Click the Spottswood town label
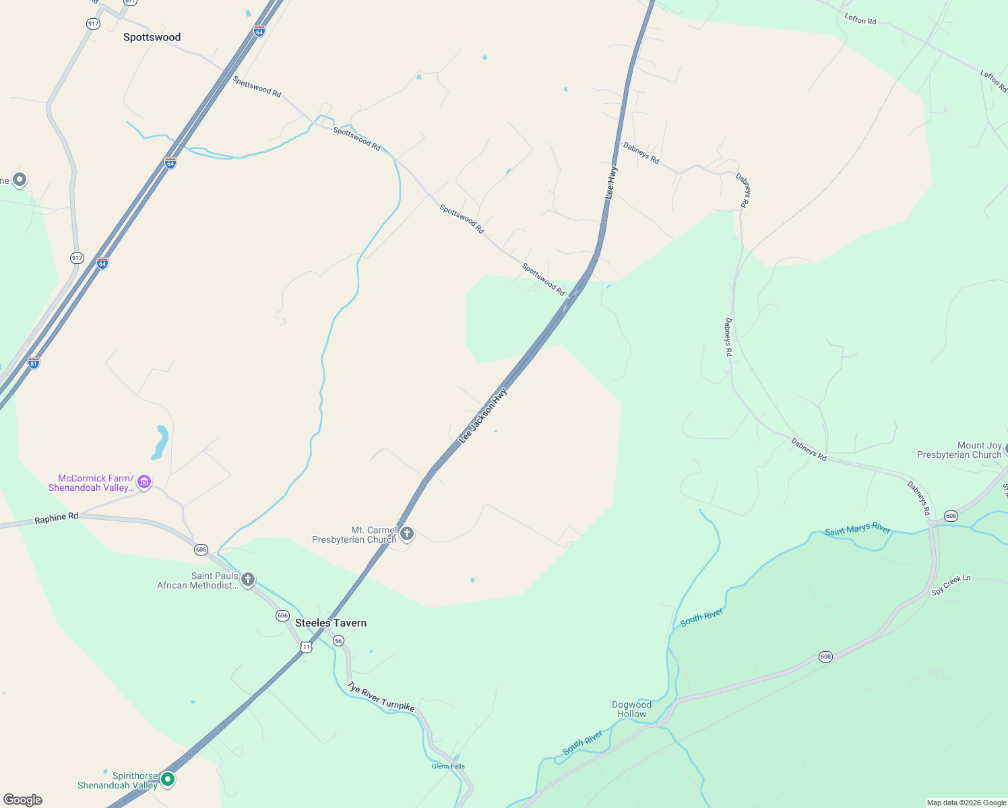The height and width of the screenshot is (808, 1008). pyautogui.click(x=152, y=38)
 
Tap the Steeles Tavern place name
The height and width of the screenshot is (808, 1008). pyautogui.click(x=331, y=623)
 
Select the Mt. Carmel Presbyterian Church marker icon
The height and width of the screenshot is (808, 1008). pyautogui.click(x=406, y=534)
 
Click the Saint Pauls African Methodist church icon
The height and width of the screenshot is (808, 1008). pyautogui.click(x=248, y=579)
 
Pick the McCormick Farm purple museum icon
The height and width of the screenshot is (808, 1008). pyautogui.click(x=144, y=481)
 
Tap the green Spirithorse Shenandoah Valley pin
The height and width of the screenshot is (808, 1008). pyautogui.click(x=168, y=779)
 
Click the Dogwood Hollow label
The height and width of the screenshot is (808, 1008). pyautogui.click(x=631, y=709)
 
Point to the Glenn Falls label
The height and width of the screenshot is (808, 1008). pyautogui.click(x=448, y=766)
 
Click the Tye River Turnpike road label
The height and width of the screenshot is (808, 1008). pyautogui.click(x=381, y=696)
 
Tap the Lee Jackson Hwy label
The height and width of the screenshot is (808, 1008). pyautogui.click(x=482, y=415)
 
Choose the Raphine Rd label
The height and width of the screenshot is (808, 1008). pyautogui.click(x=57, y=518)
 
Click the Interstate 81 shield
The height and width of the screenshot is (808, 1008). pyautogui.click(x=34, y=363)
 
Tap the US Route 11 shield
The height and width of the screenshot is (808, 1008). pyautogui.click(x=307, y=647)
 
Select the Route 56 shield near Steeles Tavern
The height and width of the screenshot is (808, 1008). pyautogui.click(x=339, y=640)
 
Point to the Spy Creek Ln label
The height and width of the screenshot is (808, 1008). pyautogui.click(x=951, y=584)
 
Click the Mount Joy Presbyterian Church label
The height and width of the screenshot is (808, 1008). pyautogui.click(x=959, y=450)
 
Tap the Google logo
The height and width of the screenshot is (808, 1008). pyautogui.click(x=23, y=800)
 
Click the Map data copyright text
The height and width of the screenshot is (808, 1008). pyautogui.click(x=966, y=803)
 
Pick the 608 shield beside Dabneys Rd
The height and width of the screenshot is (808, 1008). pyautogui.click(x=951, y=516)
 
